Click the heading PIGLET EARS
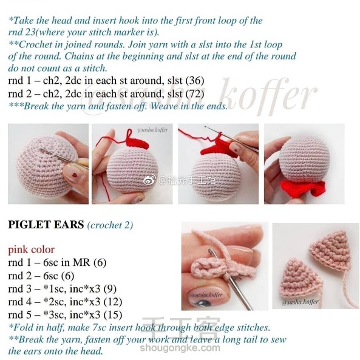click(x=46, y=225)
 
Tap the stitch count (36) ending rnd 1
click(x=195, y=80)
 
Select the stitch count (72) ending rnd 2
click(x=195, y=93)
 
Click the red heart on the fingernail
click(x=75, y=175)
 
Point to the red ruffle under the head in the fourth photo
click(x=302, y=189)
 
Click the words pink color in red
click(x=32, y=250)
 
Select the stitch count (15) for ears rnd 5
click(x=113, y=314)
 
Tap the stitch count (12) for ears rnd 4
click(x=113, y=302)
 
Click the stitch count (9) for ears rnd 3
click(x=110, y=288)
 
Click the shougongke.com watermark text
click(x=180, y=348)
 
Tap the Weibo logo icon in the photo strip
click(x=149, y=180)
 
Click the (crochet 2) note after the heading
click(x=110, y=225)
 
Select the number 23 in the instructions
click(x=30, y=32)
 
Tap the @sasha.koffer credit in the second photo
click(x=152, y=130)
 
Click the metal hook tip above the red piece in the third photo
click(x=206, y=126)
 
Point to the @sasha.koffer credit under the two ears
click(x=301, y=302)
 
